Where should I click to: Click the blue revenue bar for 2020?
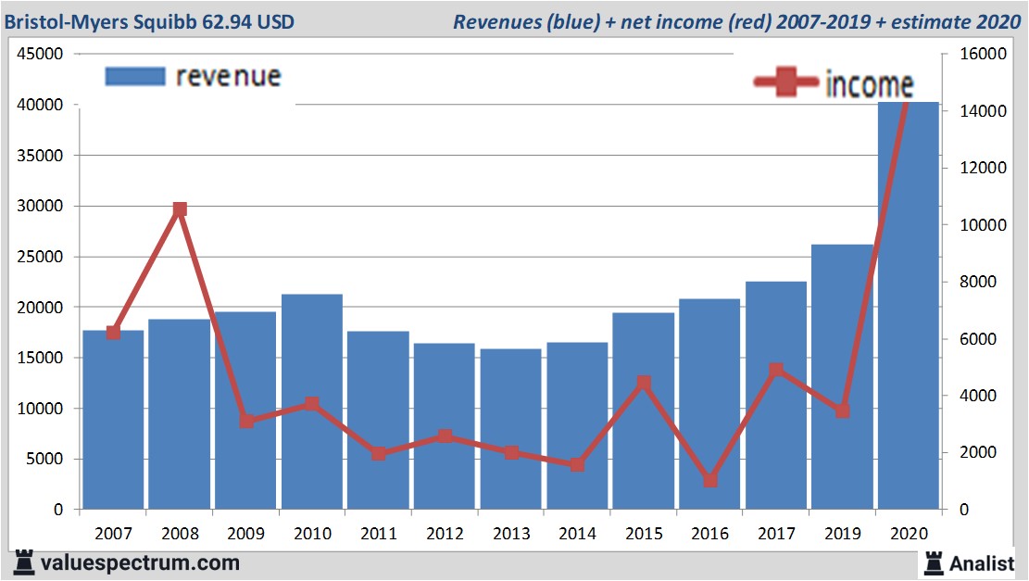tap(909, 306)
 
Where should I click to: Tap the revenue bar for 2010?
tap(312, 402)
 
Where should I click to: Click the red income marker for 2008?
tap(180, 209)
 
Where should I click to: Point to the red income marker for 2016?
tap(710, 480)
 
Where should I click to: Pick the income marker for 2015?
tap(644, 383)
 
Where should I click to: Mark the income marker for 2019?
tap(842, 410)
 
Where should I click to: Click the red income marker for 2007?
tap(114, 332)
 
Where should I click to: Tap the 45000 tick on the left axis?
tap(41, 55)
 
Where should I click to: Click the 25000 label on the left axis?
tap(41, 257)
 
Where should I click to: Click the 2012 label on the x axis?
tap(445, 534)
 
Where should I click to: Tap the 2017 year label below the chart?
tap(775, 534)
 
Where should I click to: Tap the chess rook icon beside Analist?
tap(933, 562)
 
